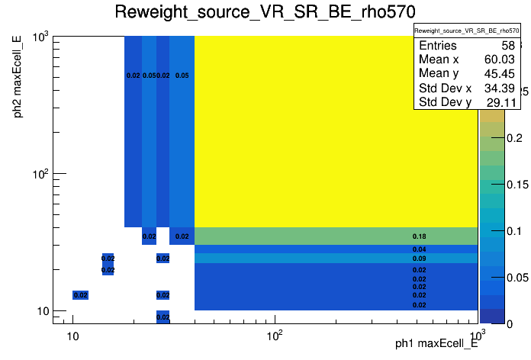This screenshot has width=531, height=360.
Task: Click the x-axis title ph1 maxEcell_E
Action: click(x=436, y=344)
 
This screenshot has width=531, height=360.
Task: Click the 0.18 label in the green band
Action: click(x=419, y=236)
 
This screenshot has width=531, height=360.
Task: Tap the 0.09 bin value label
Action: click(x=419, y=259)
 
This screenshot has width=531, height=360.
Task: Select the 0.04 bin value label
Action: click(x=419, y=249)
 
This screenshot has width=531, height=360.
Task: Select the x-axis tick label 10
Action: click(x=72, y=337)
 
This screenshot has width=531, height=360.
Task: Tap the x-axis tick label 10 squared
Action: click(x=274, y=337)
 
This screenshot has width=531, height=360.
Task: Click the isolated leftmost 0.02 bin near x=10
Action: click(x=81, y=295)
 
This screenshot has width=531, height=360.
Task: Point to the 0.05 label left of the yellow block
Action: click(x=182, y=76)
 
